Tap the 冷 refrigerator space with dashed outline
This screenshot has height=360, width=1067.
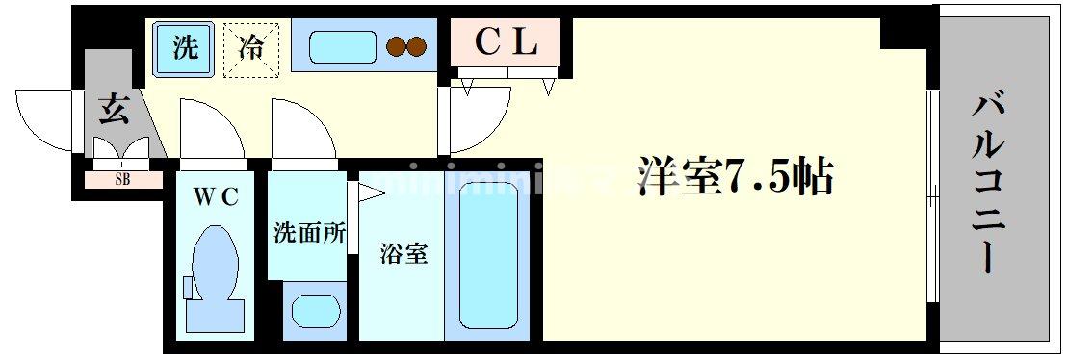(250, 48)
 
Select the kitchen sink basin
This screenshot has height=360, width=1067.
(341, 47)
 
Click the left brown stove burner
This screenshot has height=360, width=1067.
(395, 46)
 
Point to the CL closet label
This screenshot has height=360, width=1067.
(506, 42)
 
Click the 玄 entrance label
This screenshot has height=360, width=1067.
(112, 110)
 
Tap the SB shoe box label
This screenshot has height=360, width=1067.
(122, 179)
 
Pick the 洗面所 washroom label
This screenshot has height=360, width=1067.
(308, 234)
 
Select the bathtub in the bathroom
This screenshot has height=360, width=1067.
(489, 255)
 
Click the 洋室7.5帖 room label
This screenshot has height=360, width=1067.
(733, 177)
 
